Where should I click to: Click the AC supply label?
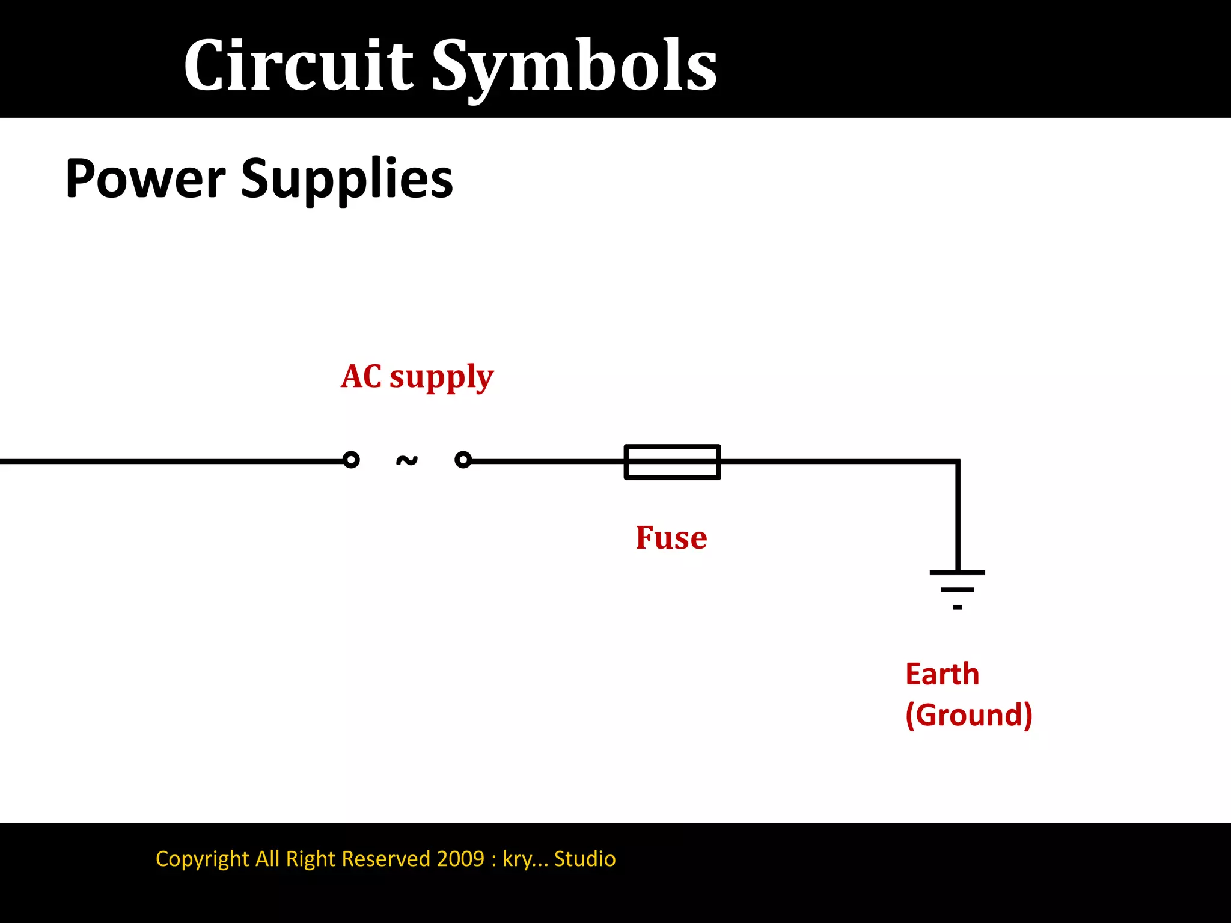pos(417,377)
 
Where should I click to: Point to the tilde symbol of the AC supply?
pos(407,460)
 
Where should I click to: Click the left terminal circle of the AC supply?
pos(351,460)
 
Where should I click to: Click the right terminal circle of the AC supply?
pos(463,460)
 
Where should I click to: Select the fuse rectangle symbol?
pos(672,461)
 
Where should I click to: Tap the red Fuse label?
pos(671,537)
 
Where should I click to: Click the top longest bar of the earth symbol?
pos(957,573)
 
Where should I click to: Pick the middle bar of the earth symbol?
pos(957,590)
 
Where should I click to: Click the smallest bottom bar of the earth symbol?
pos(957,607)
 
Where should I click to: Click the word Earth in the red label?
pos(942,674)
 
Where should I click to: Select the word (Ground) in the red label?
pos(969,714)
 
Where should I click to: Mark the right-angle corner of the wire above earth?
pos(958,461)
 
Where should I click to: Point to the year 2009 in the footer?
pos(460,858)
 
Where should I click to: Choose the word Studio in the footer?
pos(585,858)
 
